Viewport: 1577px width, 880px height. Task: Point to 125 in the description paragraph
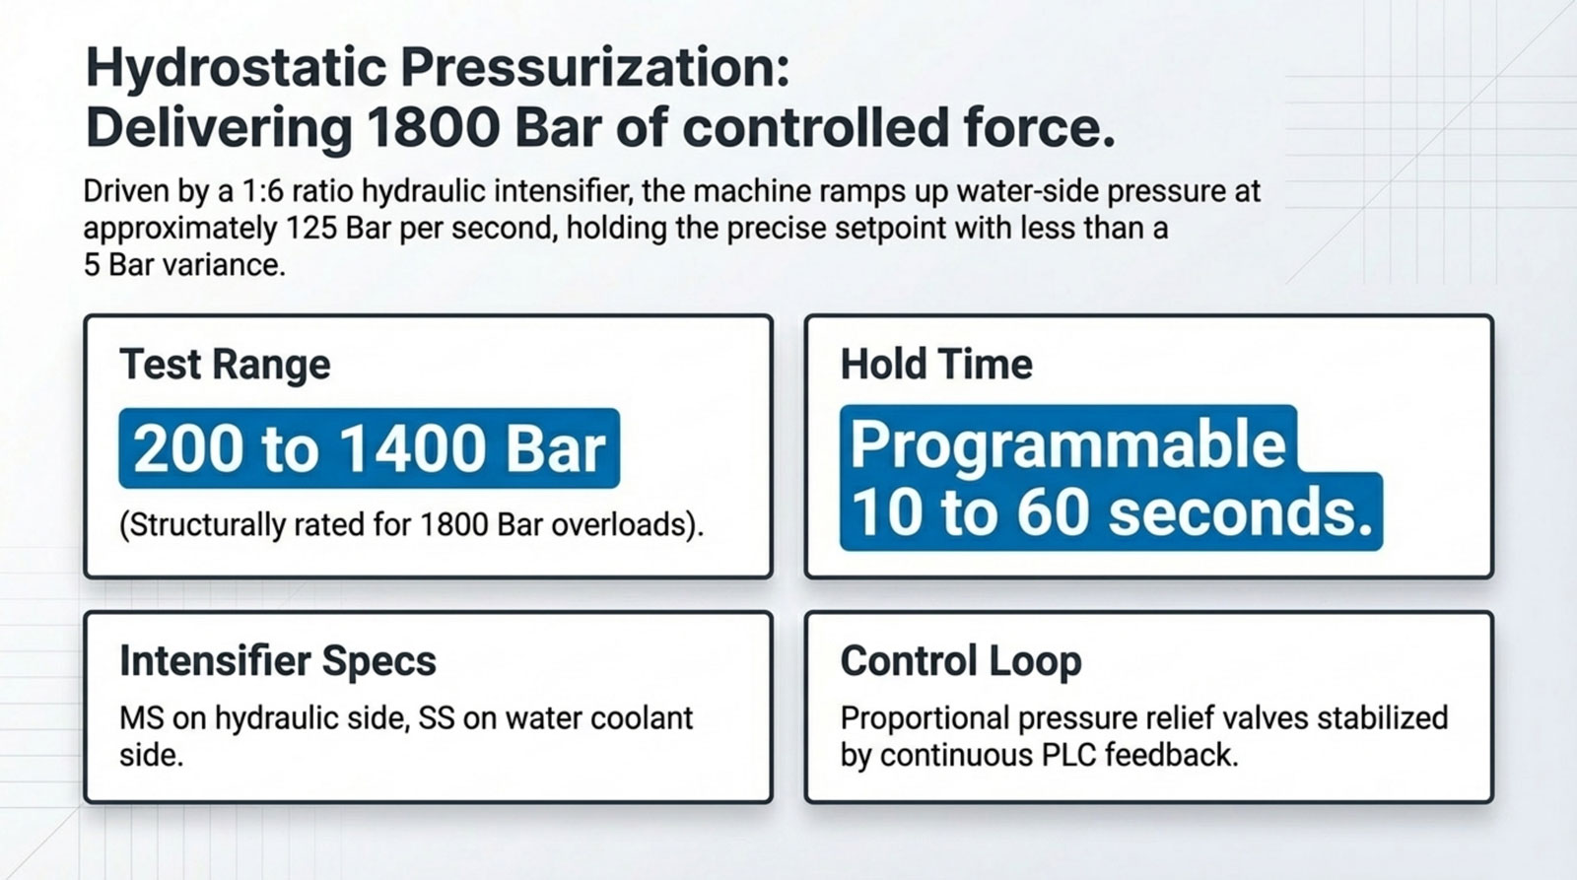tap(312, 229)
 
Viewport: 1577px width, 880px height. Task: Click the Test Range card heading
tap(225, 365)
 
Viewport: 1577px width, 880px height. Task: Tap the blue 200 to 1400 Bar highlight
tap(369, 449)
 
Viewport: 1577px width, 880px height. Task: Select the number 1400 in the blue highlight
tap(414, 449)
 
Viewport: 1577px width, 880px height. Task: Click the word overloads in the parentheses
tap(623, 524)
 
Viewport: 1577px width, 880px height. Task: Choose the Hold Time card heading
tap(935, 365)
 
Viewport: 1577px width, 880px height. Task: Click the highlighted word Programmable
tap(1067, 443)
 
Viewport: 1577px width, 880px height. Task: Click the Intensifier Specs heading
tap(277, 661)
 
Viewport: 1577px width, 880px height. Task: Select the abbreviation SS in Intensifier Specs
tap(437, 718)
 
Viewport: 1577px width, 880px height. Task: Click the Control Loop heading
tap(960, 661)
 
